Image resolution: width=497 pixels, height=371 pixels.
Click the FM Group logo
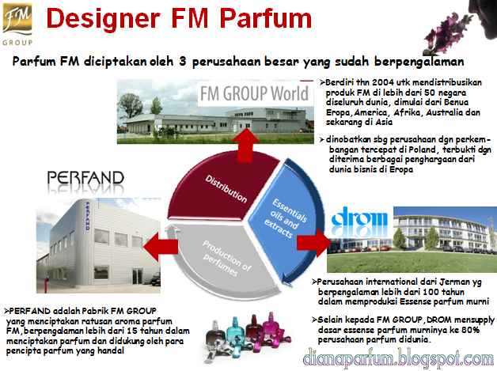pos(17,25)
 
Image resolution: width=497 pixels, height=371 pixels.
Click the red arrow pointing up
pos(245,145)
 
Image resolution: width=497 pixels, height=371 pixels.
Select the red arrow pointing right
pos(313,243)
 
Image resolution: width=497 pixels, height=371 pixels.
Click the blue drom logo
pos(359,221)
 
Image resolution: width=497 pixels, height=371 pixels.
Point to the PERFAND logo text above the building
pos(85,178)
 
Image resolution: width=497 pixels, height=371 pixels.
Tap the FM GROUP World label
pos(254,93)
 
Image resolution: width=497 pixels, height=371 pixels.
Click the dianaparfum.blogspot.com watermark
pos(398,359)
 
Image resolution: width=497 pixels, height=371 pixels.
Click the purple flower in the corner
pos(447,33)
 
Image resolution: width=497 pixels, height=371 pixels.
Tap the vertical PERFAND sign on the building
pos(88,215)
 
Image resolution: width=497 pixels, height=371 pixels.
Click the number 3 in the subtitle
pos(182,61)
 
